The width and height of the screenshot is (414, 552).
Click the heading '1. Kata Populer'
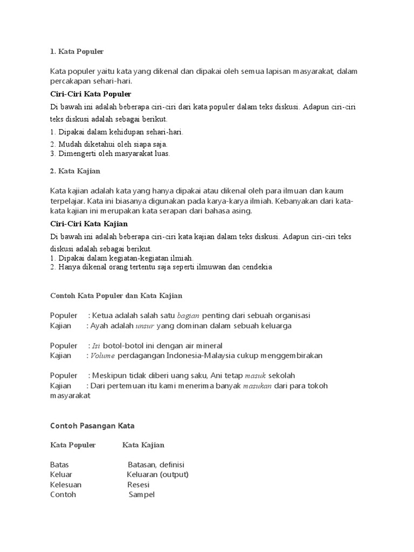coord(77,52)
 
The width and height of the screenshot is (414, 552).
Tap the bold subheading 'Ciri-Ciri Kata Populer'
coord(91,94)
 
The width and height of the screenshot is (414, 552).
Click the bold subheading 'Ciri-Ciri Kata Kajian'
coord(89,223)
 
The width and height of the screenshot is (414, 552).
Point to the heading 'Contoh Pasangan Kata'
coord(92,425)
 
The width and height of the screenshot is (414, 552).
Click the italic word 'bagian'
coord(188,315)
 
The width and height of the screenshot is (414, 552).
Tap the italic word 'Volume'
coord(103,356)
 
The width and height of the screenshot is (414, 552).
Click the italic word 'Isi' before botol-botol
coord(96,346)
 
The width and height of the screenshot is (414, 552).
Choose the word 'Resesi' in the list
coord(139,485)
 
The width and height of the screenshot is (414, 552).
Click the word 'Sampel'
coord(141,495)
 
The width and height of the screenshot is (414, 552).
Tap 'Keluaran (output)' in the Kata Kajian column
coord(157,474)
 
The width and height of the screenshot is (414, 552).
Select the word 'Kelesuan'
coord(66,485)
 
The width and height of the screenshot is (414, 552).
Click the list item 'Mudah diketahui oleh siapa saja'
coord(108,144)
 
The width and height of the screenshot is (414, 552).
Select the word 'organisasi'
coord(291,315)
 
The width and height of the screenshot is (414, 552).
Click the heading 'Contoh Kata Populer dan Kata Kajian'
coord(116,295)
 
